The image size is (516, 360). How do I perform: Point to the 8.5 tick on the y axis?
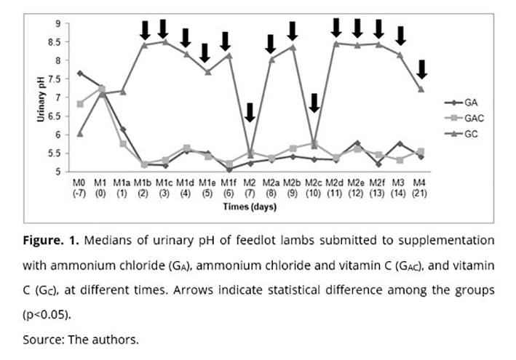click(x=55, y=42)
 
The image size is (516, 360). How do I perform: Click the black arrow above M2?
click(x=250, y=112)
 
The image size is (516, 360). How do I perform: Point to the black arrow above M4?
click(x=421, y=69)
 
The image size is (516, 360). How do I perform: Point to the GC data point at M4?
click(x=421, y=89)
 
